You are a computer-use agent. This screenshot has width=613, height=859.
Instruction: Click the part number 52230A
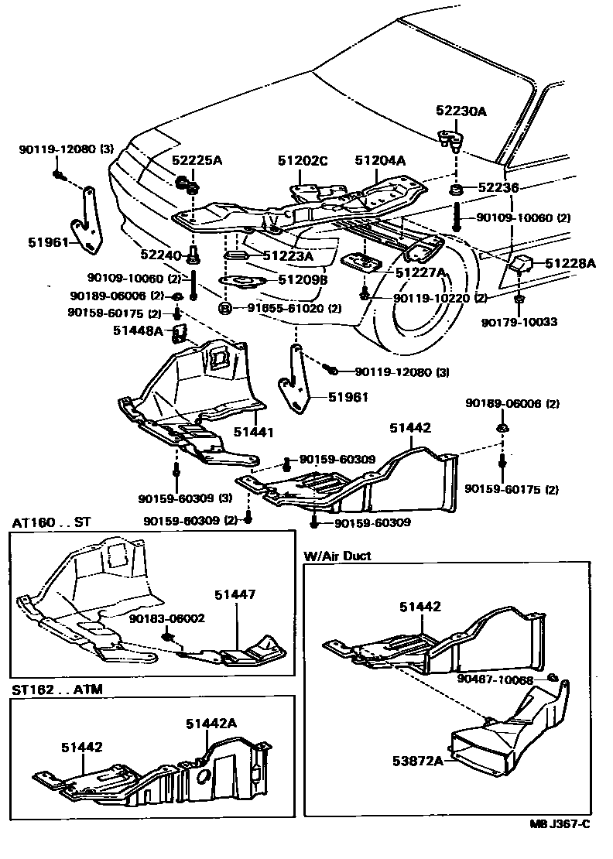tap(461, 111)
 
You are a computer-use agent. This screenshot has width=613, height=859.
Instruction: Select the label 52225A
tap(197, 161)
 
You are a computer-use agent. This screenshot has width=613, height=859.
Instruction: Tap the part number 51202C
tap(303, 161)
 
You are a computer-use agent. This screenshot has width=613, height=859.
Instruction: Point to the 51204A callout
tap(380, 161)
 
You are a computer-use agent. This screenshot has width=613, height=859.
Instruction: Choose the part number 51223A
tap(287, 256)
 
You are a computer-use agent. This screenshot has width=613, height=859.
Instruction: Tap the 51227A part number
tap(421, 272)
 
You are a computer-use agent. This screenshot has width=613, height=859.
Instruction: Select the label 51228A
tap(570, 264)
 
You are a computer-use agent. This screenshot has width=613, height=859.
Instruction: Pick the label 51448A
tap(138, 330)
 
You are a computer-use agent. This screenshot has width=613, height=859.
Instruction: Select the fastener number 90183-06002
tap(166, 618)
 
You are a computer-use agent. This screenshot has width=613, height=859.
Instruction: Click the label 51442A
tap(211, 723)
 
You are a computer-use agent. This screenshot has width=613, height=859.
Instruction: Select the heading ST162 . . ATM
tap(57, 688)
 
